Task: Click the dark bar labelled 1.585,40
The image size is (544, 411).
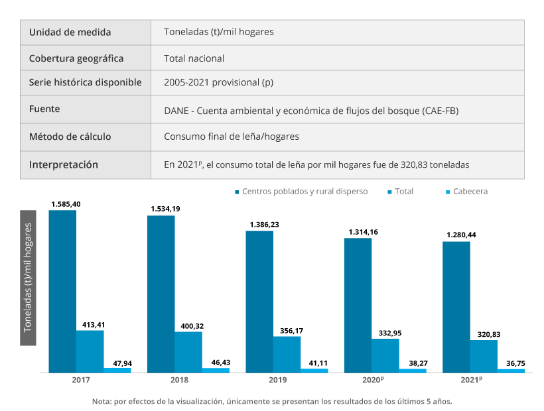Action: (x=62, y=292)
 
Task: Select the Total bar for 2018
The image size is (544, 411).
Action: (x=188, y=352)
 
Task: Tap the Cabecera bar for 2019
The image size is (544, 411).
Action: (x=314, y=371)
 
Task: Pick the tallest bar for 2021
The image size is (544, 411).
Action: (x=456, y=307)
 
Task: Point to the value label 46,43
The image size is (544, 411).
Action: (x=216, y=362)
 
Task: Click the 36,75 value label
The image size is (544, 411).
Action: (x=511, y=364)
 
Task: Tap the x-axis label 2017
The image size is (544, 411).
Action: (x=81, y=381)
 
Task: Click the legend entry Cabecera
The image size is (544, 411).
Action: (x=471, y=192)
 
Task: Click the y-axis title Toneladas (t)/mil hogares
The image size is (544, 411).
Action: (x=28, y=278)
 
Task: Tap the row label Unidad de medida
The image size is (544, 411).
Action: (x=70, y=32)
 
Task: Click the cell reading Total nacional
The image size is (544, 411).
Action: (x=194, y=58)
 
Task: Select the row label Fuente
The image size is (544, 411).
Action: (x=45, y=109)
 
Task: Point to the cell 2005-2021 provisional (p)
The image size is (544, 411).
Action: (x=218, y=83)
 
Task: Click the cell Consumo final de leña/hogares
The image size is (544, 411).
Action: (x=231, y=137)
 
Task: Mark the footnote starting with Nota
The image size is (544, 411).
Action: (x=272, y=401)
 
